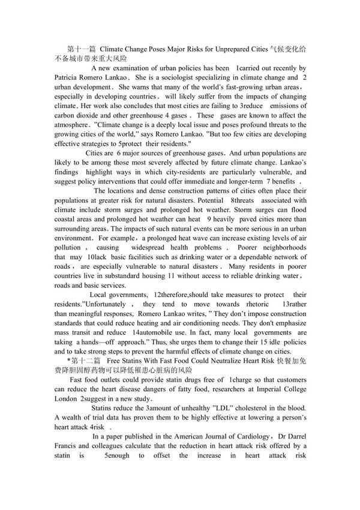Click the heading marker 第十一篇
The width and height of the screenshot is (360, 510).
82,49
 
